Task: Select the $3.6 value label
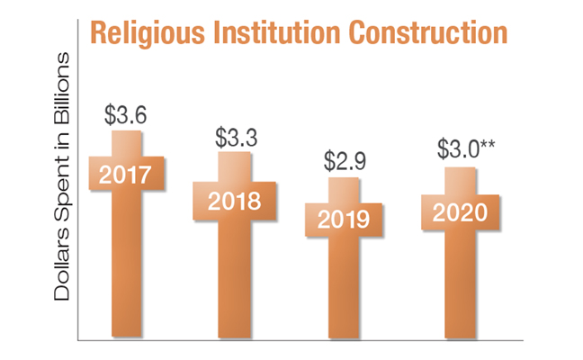coord(126,116)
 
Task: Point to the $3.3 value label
coord(238,139)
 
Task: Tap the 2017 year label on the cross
coord(127,174)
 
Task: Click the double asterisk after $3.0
coord(487,145)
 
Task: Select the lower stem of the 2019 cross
coord(345,288)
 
